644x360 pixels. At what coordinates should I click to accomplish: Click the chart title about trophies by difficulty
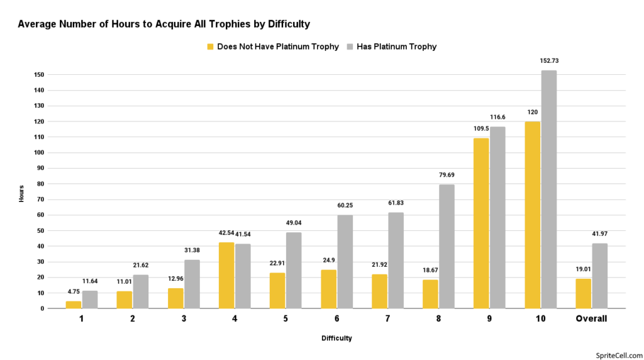(x=164, y=25)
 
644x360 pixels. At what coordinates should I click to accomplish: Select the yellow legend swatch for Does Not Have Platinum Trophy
(x=210, y=47)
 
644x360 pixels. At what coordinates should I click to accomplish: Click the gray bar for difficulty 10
(x=548, y=189)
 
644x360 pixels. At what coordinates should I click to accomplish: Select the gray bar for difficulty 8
(x=447, y=246)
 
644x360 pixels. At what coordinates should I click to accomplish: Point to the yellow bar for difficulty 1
(x=74, y=305)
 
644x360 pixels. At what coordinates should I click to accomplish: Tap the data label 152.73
(x=549, y=62)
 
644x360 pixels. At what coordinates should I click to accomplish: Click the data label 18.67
(x=430, y=271)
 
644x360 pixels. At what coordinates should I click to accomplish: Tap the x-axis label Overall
(x=591, y=318)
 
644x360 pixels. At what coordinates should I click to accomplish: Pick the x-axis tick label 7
(x=387, y=318)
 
